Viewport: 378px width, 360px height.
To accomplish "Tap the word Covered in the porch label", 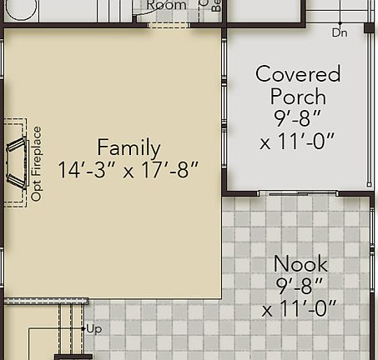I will [x=298, y=74].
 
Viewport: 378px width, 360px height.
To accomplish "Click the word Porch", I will [x=298, y=97].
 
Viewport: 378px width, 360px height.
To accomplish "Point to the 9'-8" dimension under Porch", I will [x=298, y=119].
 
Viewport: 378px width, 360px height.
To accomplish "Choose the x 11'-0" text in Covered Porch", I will [x=298, y=142].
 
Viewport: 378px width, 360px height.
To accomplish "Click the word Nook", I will [x=300, y=264].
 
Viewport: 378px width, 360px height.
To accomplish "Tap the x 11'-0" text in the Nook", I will [x=300, y=310].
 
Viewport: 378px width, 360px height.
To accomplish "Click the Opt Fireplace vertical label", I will [x=37, y=163].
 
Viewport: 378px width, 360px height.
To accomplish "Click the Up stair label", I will [x=93, y=329].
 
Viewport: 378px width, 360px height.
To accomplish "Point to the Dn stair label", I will [x=339, y=33].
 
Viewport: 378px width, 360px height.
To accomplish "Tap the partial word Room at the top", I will [x=166, y=5].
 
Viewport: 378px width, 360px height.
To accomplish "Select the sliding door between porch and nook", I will [x=297, y=194].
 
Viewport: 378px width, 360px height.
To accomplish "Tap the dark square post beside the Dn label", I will [x=369, y=27].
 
